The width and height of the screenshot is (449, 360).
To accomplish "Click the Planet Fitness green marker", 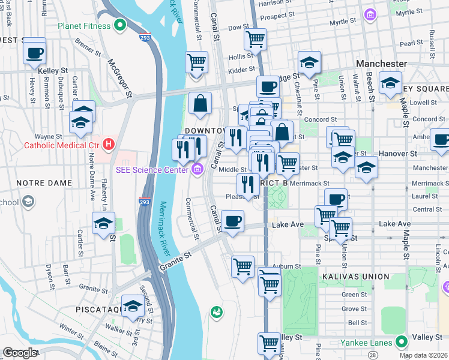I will (x=119, y=26).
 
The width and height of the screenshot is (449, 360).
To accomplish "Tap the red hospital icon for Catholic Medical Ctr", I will (x=108, y=144).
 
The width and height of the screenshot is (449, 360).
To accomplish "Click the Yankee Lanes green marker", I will (x=402, y=343).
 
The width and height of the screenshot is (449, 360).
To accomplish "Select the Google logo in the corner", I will (x=19, y=353).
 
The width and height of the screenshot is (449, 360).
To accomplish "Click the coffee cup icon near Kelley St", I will (x=35, y=52).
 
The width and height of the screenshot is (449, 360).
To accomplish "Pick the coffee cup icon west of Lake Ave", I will (x=232, y=221).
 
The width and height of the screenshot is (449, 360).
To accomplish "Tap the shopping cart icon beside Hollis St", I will (x=255, y=40).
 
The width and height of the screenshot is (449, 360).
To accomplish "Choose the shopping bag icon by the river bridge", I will (x=200, y=103).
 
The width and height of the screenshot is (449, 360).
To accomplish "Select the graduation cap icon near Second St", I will (x=133, y=307).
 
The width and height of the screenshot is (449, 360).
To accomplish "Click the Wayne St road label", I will (x=48, y=136).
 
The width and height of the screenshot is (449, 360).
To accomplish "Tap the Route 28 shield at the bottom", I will (x=374, y=356).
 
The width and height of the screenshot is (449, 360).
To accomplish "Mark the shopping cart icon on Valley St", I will (x=268, y=344).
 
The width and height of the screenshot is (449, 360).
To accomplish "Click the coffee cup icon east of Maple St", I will (x=441, y=140).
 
